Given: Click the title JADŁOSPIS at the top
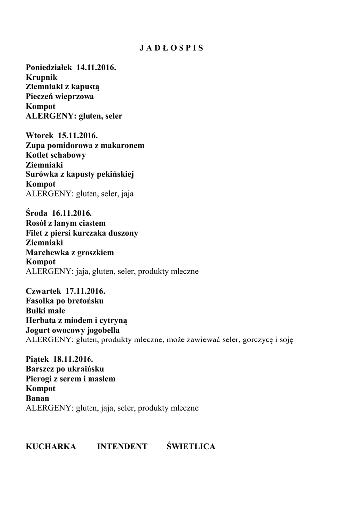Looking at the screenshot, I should (x=172, y=48).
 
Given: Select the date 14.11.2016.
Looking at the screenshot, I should (x=96, y=67).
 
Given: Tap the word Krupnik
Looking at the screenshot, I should (x=41, y=77).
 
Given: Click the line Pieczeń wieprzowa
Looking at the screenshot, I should (x=60, y=96).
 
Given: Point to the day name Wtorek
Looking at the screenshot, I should (x=39, y=135).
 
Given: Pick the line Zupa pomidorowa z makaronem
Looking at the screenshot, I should (x=85, y=145).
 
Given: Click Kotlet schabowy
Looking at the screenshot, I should (x=56, y=155).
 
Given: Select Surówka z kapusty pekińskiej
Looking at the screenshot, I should (x=80, y=174).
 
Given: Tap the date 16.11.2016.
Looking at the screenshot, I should (x=72, y=213).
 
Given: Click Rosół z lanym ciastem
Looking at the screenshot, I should (x=66, y=223).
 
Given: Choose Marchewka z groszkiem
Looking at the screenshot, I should (x=70, y=252).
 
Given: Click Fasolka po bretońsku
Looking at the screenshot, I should (x=65, y=301).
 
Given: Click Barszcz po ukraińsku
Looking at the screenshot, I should (x=65, y=369).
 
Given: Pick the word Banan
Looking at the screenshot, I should (x=37, y=398).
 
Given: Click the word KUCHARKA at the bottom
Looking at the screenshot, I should (x=51, y=446).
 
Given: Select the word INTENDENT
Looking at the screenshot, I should (x=122, y=446).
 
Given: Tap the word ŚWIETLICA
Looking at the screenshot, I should (x=191, y=446).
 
